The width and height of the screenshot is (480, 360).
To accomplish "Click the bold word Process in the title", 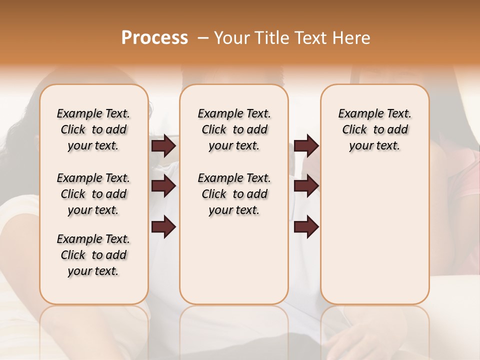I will click(x=154, y=38).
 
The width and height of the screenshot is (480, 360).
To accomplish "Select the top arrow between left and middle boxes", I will click(x=163, y=145).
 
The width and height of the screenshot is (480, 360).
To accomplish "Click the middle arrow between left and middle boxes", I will click(x=163, y=186).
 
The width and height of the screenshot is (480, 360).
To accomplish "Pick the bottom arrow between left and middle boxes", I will click(x=163, y=226).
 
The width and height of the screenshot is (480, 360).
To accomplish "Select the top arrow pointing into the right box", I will click(x=306, y=145).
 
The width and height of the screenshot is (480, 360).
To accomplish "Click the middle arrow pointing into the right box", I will click(x=306, y=186).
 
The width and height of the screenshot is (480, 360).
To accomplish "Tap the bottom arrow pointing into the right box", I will click(x=306, y=226).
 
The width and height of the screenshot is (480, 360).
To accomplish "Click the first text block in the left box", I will click(x=93, y=129).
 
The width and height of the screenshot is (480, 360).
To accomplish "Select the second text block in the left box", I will click(x=93, y=194).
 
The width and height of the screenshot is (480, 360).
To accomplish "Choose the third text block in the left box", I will click(x=93, y=255).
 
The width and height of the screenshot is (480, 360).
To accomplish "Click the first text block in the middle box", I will click(x=234, y=129).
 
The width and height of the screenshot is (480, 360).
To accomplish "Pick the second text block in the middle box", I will click(x=234, y=194).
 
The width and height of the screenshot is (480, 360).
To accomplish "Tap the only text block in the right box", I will click(x=375, y=129).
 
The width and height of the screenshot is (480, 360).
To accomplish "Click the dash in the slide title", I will click(x=203, y=38).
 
